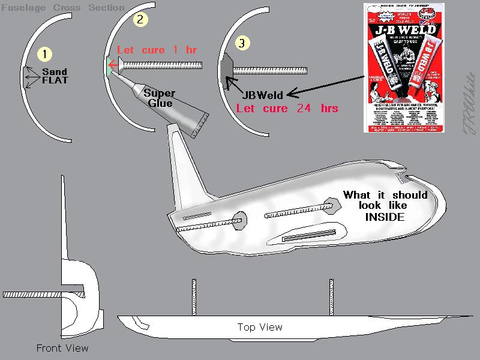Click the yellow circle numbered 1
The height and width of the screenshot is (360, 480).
[44, 53]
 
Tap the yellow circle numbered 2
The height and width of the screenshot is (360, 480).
[140, 19]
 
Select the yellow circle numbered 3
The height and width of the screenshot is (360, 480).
[241, 43]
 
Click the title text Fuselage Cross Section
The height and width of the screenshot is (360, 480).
[62, 8]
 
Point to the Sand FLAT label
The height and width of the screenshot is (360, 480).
[55, 76]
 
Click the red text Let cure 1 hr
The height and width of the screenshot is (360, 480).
[157, 50]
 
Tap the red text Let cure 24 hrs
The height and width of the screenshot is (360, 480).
[287, 109]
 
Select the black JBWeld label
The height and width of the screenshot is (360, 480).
[263, 95]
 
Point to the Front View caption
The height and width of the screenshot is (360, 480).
[62, 348]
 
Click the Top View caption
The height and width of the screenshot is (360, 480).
[260, 327]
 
